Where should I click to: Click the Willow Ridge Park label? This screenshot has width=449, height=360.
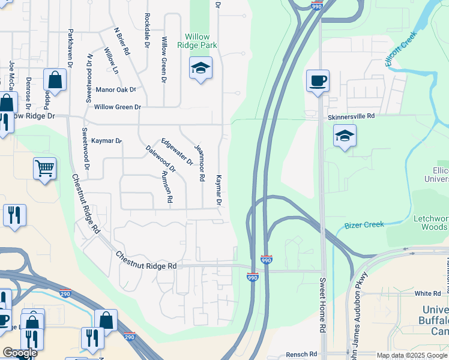pos(197,41)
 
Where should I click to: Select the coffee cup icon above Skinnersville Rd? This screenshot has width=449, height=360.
pos(318,80)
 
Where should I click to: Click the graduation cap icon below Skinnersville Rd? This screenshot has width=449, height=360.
pos(345,136)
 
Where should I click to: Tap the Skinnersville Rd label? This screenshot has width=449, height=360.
pos(351,116)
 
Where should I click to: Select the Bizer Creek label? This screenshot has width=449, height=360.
pos(364,225)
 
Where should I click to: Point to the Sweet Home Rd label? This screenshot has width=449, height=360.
pos(322,306)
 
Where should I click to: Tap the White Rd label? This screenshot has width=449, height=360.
pos(427,294)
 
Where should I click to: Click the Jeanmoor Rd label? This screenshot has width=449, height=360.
pos(200,163)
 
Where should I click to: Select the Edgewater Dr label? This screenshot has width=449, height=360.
pos(177,152)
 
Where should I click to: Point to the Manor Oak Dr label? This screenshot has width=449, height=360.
pos(116,90)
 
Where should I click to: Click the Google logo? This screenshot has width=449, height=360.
pos(20,353)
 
